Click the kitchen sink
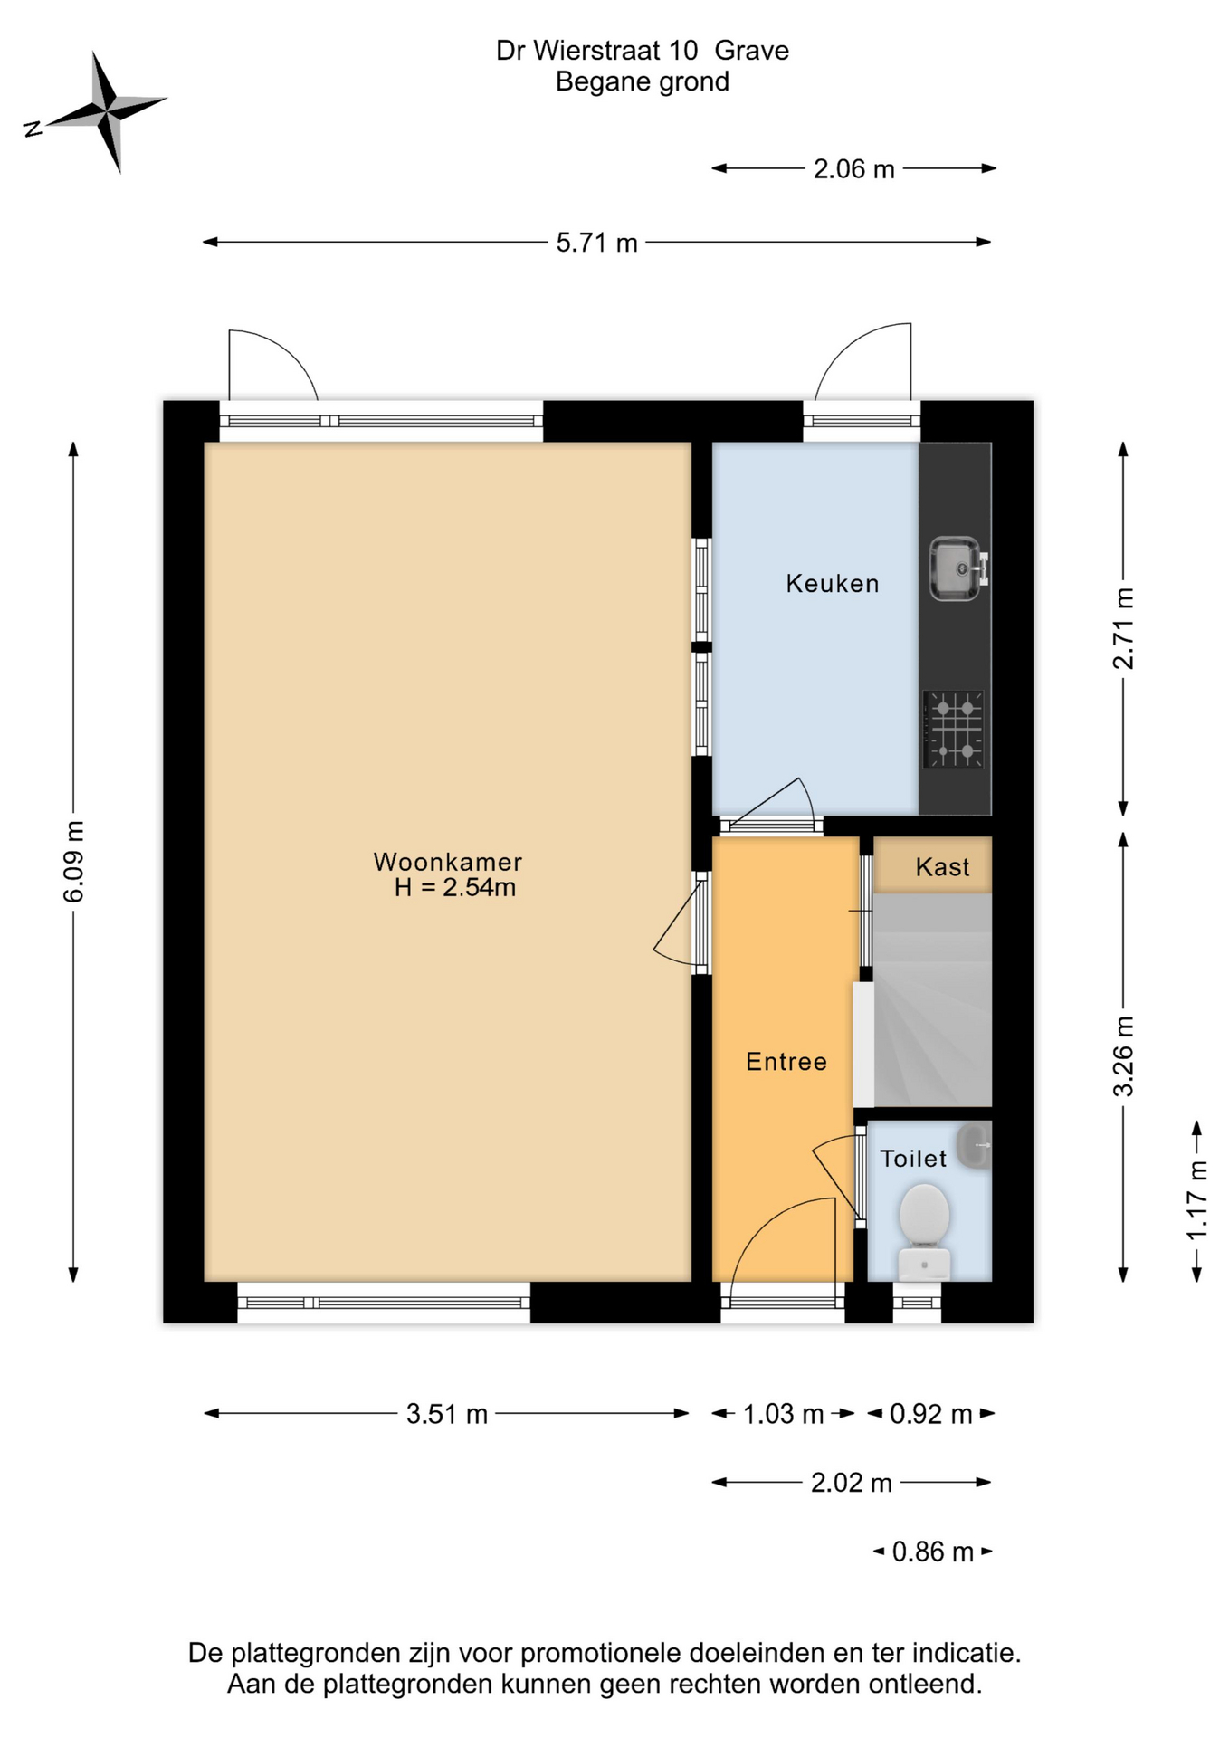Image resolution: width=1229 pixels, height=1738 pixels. click(x=958, y=568)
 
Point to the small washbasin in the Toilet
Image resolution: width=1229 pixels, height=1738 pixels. click(x=976, y=1146)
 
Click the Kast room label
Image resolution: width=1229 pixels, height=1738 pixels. click(x=942, y=867)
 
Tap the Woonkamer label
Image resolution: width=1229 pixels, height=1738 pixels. click(x=448, y=861)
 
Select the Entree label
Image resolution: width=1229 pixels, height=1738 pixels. click(x=786, y=1061)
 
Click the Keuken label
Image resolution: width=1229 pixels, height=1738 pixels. click(x=833, y=583)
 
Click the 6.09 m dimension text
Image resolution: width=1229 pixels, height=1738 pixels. click(x=73, y=862)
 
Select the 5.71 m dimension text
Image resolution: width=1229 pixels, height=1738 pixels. click(x=596, y=243)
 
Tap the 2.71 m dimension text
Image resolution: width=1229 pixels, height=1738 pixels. click(x=1123, y=629)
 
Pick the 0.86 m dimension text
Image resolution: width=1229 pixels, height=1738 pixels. click(x=933, y=1552)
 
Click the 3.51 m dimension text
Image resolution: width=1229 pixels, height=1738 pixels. click(x=447, y=1413)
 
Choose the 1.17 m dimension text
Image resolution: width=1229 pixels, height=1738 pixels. click(x=1196, y=1200)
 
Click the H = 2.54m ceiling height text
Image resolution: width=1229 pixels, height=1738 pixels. click(x=455, y=887)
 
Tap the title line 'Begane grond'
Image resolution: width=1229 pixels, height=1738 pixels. click(x=643, y=82)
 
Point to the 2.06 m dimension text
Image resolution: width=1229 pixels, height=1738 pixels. click(x=854, y=169)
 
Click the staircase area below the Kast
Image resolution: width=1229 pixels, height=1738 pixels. click(x=932, y=999)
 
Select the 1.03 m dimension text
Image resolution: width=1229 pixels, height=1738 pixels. click(x=784, y=1413)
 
